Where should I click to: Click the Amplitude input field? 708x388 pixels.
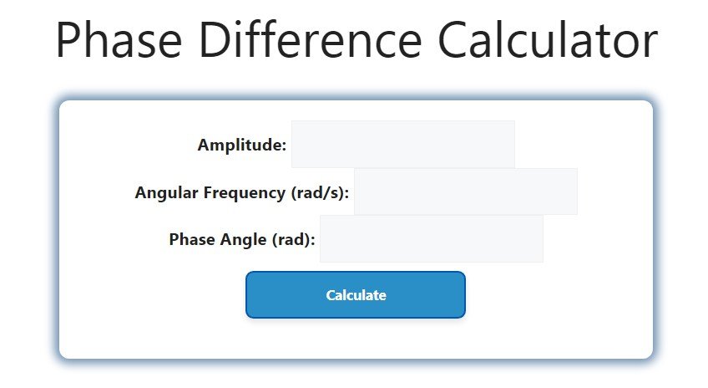click(402, 144)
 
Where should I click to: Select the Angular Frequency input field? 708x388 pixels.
click(465, 191)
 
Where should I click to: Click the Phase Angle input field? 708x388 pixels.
click(431, 239)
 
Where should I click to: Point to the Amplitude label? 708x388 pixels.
click(241, 145)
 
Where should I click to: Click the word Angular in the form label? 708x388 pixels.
click(166, 193)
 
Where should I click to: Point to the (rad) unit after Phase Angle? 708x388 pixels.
click(294, 240)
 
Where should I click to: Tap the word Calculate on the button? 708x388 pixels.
click(356, 295)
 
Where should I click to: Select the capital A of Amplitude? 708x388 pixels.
click(204, 145)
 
